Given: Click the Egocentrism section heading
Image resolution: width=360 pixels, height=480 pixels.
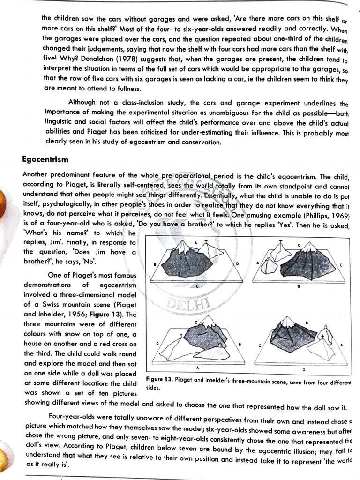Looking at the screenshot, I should point(45,159).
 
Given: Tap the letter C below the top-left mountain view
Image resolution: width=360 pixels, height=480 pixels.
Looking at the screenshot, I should point(197,285).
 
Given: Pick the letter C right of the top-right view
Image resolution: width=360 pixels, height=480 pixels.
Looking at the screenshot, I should point(341,265).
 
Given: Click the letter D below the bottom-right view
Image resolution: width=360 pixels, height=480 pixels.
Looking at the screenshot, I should point(303,370).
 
